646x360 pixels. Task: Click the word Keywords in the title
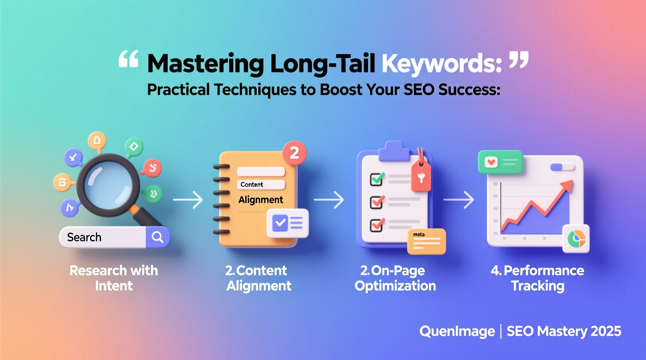[x=441, y=64]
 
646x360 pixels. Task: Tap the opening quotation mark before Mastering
[x=129, y=59]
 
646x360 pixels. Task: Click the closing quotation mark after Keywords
[x=519, y=59]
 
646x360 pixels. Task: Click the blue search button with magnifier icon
[x=158, y=237]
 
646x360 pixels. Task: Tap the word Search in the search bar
[x=84, y=237]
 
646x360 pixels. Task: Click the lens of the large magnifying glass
[x=108, y=184]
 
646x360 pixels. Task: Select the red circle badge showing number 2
[x=294, y=153]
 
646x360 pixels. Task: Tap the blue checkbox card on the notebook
[x=288, y=223]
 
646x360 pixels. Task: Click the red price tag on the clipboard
[x=421, y=177]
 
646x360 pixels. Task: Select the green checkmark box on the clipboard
[x=377, y=179]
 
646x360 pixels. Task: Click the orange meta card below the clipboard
[x=426, y=241]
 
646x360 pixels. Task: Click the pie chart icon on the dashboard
[x=576, y=239]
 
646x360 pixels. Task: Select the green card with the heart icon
[x=500, y=162]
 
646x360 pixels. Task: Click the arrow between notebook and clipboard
[x=329, y=200]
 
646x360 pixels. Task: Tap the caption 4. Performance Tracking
[x=537, y=278]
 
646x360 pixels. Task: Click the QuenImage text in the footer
[x=457, y=331]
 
